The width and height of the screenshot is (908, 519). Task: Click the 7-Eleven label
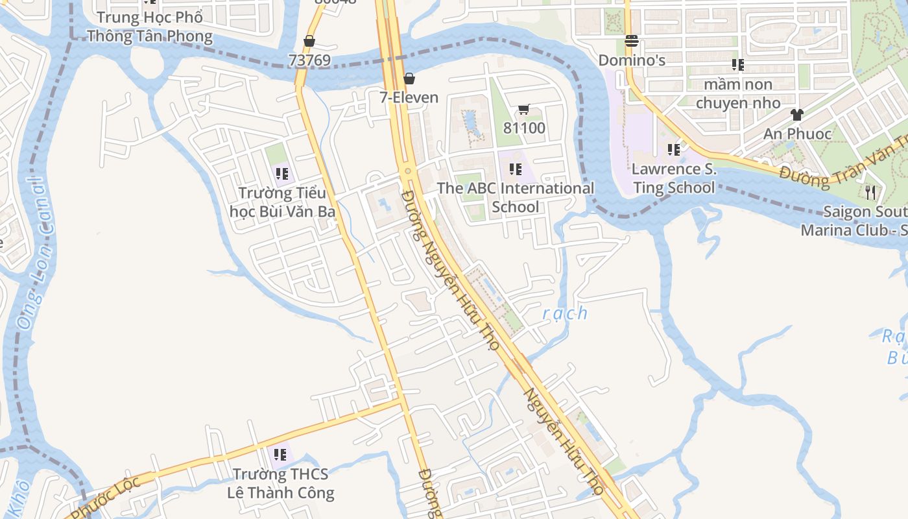409,98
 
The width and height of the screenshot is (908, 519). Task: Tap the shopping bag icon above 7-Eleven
409,79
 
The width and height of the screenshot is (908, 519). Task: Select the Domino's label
632,60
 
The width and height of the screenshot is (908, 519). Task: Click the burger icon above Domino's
632,42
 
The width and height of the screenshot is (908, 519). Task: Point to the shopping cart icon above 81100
524,110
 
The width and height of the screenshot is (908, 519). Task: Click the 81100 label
524,128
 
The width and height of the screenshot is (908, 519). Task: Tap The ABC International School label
516,197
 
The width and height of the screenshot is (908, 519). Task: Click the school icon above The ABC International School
516,169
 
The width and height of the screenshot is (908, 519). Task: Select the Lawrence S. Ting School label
674,178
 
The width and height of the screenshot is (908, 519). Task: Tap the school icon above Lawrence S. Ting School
674,151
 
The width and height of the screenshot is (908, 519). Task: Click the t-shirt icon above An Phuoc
797,115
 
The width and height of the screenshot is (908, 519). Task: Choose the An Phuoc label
797,134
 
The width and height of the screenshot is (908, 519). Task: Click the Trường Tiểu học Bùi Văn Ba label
282,202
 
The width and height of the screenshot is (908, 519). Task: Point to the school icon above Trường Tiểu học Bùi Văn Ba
281,174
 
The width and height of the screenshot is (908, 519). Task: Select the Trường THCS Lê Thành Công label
281,483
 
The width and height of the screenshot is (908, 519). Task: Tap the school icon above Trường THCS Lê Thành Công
280,455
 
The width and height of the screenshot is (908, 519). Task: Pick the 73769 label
309,60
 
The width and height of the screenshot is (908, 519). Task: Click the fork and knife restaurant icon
870,193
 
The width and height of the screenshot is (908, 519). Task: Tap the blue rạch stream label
565,313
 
